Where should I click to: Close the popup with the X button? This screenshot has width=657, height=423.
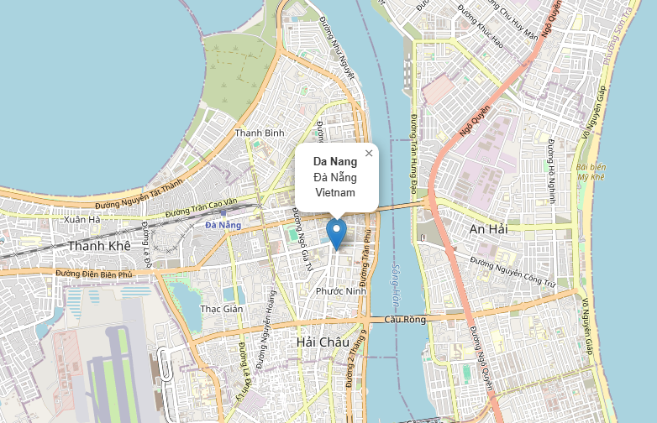369,154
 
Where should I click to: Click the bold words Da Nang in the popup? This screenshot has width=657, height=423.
335,161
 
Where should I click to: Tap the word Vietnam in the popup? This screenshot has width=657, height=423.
335,192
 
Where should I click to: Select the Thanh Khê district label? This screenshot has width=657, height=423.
100,246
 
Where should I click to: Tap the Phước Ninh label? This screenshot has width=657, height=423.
340,291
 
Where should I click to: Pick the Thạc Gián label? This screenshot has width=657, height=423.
222,309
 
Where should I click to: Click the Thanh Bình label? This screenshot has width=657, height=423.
260,133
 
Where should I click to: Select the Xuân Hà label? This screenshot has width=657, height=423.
81,220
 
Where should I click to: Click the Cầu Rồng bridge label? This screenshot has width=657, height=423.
405,319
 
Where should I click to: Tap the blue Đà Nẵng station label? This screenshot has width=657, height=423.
223,225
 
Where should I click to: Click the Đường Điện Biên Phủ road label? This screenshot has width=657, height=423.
95,274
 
